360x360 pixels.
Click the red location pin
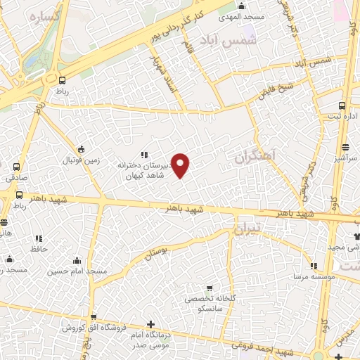[x=181, y=165]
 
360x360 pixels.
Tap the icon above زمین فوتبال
[x=81, y=148]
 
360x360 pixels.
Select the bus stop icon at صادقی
[x=16, y=167]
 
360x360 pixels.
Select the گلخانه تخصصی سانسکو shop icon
[x=209, y=288]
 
